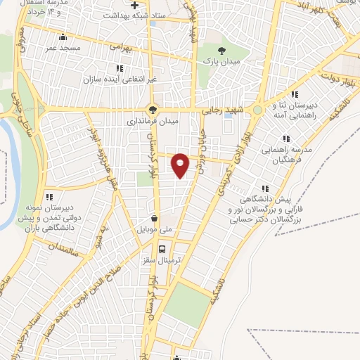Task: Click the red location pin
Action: tap(181, 164)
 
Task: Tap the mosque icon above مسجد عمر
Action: tap(64, 37)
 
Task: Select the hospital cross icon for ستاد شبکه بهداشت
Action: tap(134, 5)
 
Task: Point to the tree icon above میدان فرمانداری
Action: tap(151, 109)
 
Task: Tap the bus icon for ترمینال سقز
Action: tap(162, 249)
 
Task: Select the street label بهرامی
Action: tap(120, 47)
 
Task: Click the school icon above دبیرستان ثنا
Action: tap(296, 94)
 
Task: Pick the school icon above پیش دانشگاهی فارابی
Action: tap(265, 188)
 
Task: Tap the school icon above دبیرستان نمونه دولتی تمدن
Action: tap(49, 197)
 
